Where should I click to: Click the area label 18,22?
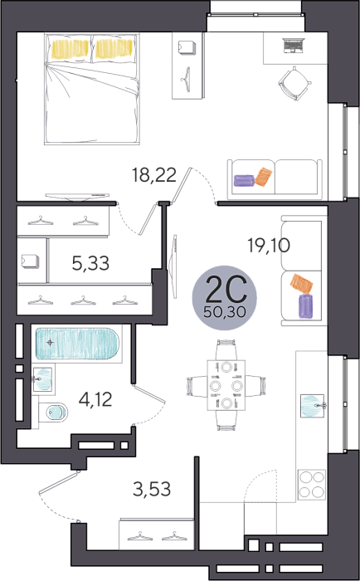(154, 175)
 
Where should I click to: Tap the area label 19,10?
(269, 246)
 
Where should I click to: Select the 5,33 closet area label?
(90, 263)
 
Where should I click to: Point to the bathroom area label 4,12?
(95, 399)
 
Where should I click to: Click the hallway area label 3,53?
(152, 489)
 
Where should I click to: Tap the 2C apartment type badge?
(225, 298)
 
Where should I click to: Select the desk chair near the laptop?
(294, 83)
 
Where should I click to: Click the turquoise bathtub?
(77, 344)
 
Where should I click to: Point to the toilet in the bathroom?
(53, 412)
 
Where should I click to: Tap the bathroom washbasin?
(41, 378)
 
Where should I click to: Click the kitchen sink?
(312, 406)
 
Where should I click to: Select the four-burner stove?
(312, 485)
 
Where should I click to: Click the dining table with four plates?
(226, 385)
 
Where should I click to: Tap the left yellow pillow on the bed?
(70, 48)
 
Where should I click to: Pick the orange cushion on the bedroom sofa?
(264, 177)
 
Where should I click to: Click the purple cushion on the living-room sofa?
(306, 305)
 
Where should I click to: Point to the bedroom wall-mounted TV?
(77, 197)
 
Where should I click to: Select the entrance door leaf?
(59, 482)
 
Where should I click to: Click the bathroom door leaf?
(148, 393)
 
